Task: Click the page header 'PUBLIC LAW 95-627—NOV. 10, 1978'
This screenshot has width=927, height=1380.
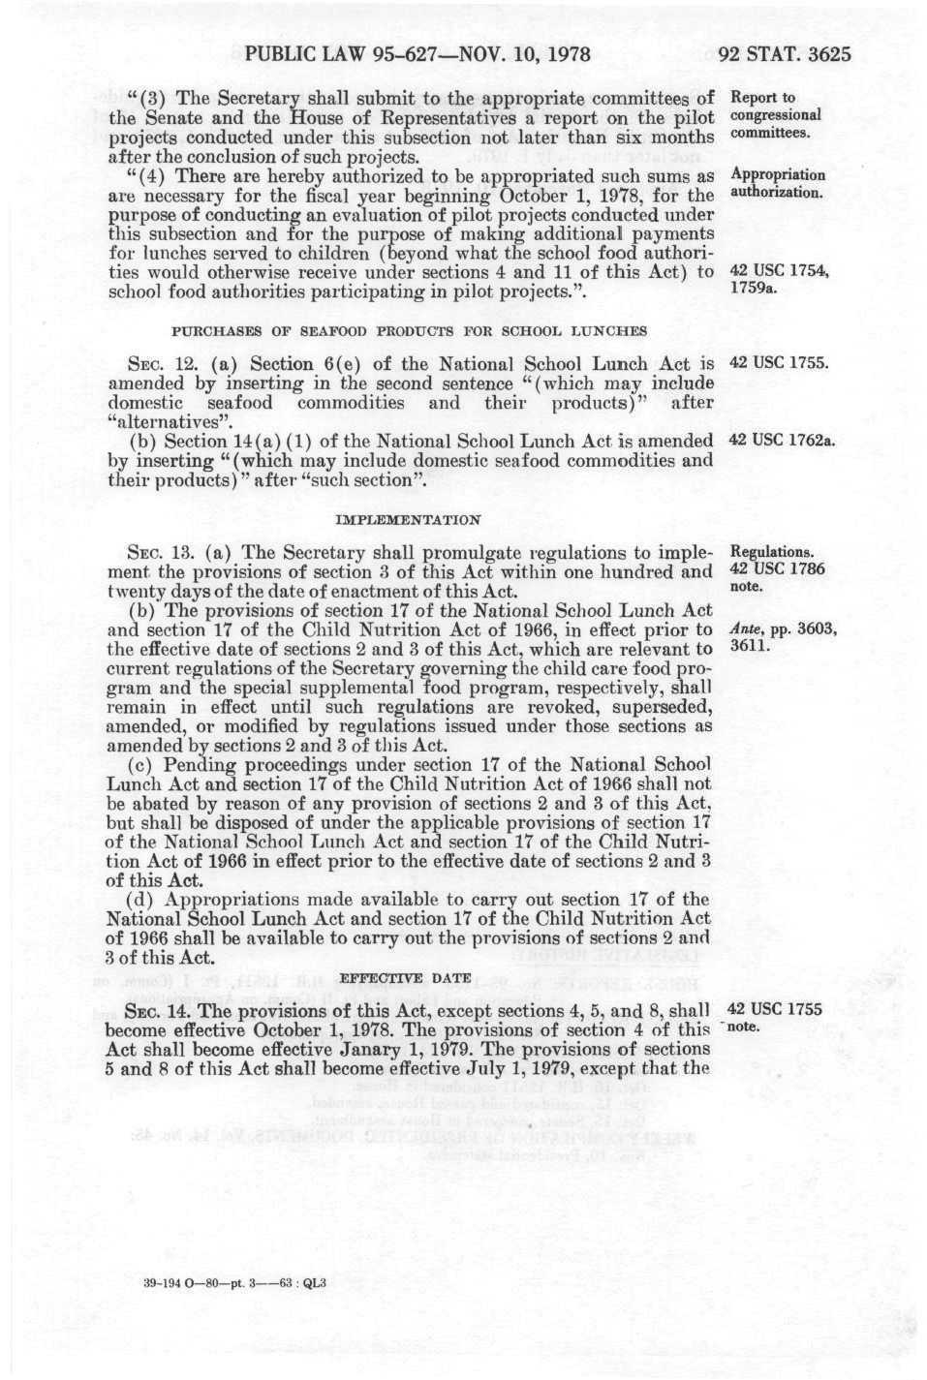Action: pyautogui.click(x=418, y=54)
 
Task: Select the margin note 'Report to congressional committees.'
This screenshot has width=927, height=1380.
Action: pyautogui.click(x=776, y=115)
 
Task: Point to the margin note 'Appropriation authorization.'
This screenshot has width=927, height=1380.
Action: pyautogui.click(x=778, y=183)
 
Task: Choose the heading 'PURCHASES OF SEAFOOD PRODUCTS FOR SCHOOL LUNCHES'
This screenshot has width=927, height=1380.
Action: pyautogui.click(x=409, y=331)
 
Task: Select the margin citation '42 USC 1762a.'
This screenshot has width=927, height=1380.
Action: pyautogui.click(x=782, y=441)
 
